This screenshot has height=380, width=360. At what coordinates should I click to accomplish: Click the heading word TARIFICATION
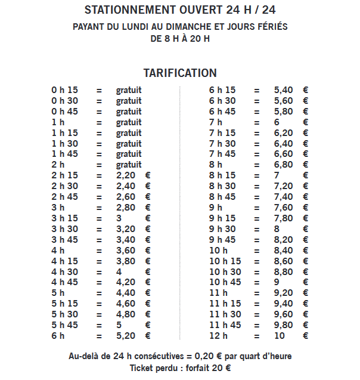[180, 73]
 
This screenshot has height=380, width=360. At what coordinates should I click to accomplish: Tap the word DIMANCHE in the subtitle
[203, 27]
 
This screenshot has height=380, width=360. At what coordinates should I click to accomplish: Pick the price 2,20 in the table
[126, 175]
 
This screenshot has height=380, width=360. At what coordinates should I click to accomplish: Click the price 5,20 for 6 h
[126, 336]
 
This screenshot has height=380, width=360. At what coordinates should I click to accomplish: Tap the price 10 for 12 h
[280, 336]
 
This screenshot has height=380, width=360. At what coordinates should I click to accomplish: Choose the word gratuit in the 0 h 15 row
[129, 90]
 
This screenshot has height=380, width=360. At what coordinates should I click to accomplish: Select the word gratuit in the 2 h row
[129, 165]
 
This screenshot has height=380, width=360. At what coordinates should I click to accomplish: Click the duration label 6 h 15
[222, 90]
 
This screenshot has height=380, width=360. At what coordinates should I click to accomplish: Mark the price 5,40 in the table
[284, 90]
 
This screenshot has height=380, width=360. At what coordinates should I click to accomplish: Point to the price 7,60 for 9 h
[284, 208]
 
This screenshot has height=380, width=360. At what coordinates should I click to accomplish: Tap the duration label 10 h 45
[225, 282]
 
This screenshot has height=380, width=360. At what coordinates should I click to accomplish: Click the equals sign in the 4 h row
[99, 251]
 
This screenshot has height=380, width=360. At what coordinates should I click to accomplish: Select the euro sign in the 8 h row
[306, 165]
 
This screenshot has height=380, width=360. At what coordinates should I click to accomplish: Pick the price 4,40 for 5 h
[126, 293]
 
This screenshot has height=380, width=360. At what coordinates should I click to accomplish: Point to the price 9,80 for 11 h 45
[284, 325]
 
